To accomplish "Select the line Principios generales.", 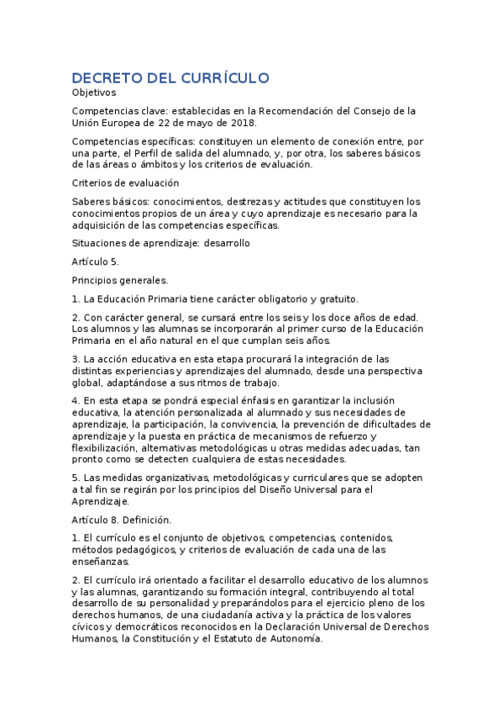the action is coord(120,280).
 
